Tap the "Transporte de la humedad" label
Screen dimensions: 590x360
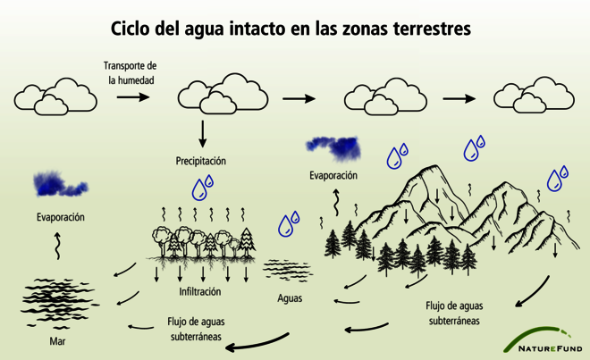coord(131,73)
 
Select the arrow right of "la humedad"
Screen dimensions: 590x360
coord(133,97)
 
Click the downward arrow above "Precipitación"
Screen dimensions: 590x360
coord(202,133)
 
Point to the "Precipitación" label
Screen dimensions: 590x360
coord(201,161)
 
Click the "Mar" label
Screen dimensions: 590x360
coord(57,341)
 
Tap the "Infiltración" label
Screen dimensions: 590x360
coord(200,291)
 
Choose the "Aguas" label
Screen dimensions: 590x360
coord(290,298)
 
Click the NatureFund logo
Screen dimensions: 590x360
coord(544,339)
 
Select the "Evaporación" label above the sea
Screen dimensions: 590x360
coord(61,217)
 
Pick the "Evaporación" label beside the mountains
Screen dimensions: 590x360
coord(333,175)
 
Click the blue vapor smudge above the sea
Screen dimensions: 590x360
coord(60,184)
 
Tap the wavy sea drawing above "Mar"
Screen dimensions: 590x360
coord(59,303)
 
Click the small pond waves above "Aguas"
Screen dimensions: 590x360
coord(288,270)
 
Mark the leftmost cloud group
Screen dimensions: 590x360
coord(55,96)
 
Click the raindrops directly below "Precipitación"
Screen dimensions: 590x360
coord(203,188)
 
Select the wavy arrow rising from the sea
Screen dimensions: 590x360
coord(57,246)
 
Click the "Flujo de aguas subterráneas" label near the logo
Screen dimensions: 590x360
coord(454,313)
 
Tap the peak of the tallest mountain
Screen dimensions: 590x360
coord(435,165)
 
